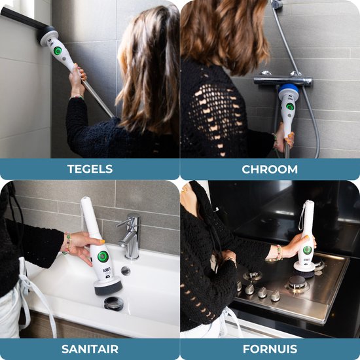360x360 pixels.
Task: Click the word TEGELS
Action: pyautogui.click(x=90, y=169)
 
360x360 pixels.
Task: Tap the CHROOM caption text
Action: pyautogui.click(x=270, y=170)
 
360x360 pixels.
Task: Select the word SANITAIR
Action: pyautogui.click(x=90, y=350)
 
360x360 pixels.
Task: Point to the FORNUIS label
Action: pyautogui.click(x=270, y=350)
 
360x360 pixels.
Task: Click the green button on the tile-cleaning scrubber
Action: pyautogui.click(x=58, y=51)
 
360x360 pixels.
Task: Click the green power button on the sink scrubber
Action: pyautogui.click(x=103, y=257)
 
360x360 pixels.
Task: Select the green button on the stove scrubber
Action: pyautogui.click(x=307, y=250)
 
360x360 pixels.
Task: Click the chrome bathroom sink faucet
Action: pyautogui.click(x=130, y=236)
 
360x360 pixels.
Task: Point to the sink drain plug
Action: pyautogui.click(x=114, y=303)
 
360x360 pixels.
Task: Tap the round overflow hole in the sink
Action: pyautogui.click(x=126, y=271)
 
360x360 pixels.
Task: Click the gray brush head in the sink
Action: pyautogui.click(x=109, y=286)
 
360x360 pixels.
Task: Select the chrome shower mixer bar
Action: pyautogui.click(x=283, y=81)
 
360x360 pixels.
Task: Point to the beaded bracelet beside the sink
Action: pyautogui.click(x=67, y=243)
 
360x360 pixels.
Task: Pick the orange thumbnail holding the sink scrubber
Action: pyautogui.click(x=102, y=242)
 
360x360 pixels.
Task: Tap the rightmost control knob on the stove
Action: pyautogui.click(x=276, y=296)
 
